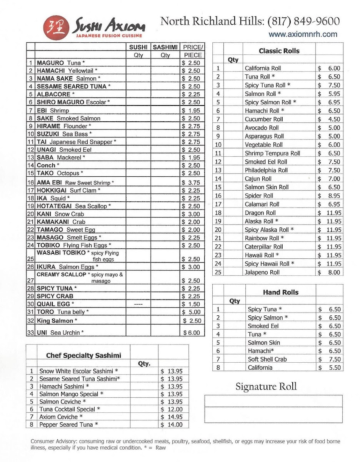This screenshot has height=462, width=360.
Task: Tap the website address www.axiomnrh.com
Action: pyautogui.click(x=303, y=34)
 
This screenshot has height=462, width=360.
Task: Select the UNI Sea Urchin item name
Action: pyautogui.click(x=60, y=333)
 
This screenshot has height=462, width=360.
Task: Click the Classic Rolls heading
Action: pyautogui.click(x=279, y=51)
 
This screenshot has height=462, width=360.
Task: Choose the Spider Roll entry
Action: pyautogui.click(x=259, y=196)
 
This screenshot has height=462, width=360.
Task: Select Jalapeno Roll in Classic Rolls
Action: pyautogui.click(x=262, y=272)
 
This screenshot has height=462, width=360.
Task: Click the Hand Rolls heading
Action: pyautogui.click(x=280, y=292)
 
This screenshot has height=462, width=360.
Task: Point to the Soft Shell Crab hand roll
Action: pyautogui.click(x=267, y=359)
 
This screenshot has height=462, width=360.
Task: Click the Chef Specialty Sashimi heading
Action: pyautogui.click(x=83, y=355)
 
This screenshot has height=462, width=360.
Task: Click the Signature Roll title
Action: pyautogui.click(x=266, y=387)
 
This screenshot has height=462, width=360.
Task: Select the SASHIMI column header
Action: pyautogui.click(x=165, y=47)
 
